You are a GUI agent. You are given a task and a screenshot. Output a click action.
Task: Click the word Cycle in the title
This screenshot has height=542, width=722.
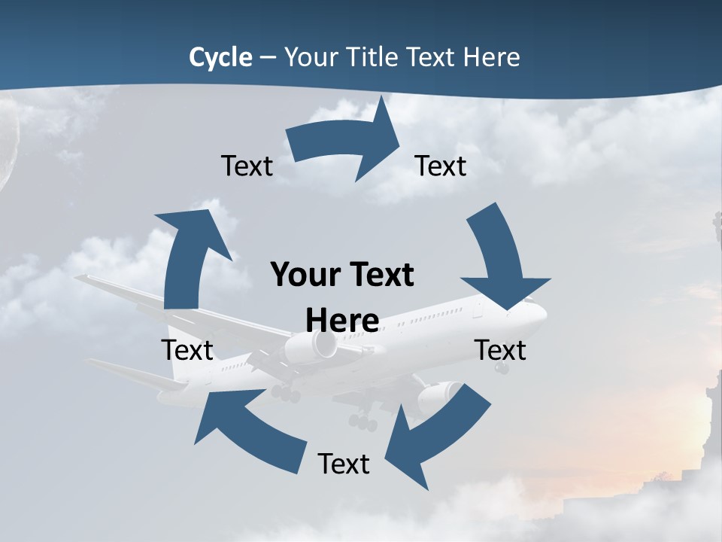220,57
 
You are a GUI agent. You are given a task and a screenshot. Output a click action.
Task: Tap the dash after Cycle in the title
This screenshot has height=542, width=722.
268,58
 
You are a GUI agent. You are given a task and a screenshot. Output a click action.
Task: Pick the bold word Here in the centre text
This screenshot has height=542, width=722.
342,321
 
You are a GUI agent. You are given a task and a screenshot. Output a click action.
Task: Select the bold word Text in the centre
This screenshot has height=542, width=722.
379,275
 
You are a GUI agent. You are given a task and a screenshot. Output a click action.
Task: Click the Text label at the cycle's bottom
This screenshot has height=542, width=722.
344,464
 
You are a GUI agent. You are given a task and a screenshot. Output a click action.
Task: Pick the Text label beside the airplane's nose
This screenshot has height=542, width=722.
500,350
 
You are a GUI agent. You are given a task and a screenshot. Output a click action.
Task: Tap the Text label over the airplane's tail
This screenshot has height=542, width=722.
187,350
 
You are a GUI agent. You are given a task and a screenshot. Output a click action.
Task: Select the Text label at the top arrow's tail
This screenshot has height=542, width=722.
247,166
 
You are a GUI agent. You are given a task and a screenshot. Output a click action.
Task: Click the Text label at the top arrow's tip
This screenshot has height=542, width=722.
441,166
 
